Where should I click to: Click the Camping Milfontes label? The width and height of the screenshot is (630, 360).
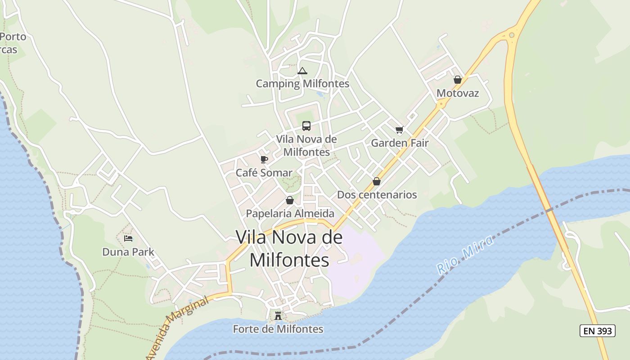(x=302, y=84)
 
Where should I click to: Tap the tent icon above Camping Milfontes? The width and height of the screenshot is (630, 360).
(x=302, y=71)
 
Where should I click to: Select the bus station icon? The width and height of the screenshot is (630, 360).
(x=306, y=126)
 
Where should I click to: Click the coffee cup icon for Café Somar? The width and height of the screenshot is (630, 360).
(x=264, y=159)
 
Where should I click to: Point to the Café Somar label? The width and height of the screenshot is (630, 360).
(x=264, y=173)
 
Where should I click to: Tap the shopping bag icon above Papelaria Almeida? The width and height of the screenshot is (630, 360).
(x=290, y=200)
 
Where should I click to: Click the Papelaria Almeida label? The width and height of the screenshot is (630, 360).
(x=290, y=213)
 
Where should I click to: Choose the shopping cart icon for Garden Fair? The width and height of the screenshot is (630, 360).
(x=399, y=130)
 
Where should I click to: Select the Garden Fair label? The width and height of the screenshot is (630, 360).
(x=400, y=143)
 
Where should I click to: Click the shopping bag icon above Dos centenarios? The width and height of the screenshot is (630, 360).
(x=377, y=181)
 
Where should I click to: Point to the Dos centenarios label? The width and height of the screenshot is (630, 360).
(x=377, y=195)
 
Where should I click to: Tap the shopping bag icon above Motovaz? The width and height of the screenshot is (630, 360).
(x=458, y=80)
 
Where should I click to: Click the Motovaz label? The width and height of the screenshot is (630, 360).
(x=458, y=93)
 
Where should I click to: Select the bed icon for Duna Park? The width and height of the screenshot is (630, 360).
(x=128, y=238)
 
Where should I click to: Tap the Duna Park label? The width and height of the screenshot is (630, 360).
(x=128, y=252)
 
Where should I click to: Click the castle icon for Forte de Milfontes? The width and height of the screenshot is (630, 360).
(x=278, y=316)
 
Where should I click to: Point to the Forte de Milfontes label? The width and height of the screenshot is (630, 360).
(x=278, y=329)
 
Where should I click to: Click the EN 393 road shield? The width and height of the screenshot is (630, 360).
(x=598, y=331)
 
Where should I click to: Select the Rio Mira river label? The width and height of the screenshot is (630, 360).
(x=465, y=255)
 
